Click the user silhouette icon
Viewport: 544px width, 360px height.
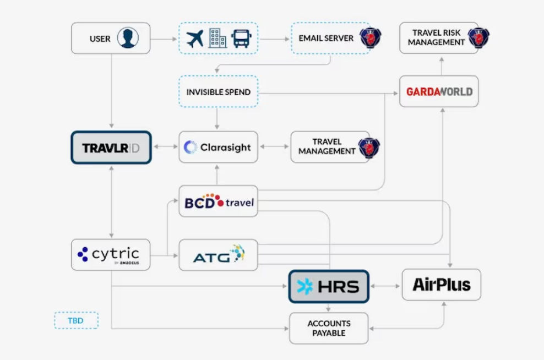(x=128, y=38)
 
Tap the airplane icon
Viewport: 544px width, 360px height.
(x=194, y=39)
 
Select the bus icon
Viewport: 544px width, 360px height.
(x=242, y=39)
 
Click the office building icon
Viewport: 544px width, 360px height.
(x=217, y=38)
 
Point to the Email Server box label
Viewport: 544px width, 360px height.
(x=326, y=38)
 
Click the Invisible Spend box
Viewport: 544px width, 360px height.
(x=218, y=91)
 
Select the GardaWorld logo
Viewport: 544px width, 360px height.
(x=439, y=91)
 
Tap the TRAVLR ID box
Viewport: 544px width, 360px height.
(x=111, y=148)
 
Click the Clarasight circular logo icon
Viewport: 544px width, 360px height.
(x=191, y=147)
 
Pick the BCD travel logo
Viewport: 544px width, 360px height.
(x=219, y=201)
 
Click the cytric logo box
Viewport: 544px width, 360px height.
(x=111, y=254)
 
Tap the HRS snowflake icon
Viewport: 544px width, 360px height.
(x=305, y=286)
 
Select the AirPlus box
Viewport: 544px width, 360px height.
(x=441, y=285)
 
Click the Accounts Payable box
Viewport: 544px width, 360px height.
(x=329, y=328)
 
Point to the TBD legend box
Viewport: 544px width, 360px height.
(x=76, y=320)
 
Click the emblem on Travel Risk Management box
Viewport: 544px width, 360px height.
(x=478, y=37)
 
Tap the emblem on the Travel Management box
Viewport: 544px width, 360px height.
(x=369, y=148)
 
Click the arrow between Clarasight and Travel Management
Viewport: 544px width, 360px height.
(x=274, y=147)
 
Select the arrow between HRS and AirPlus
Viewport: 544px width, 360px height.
(x=385, y=286)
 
